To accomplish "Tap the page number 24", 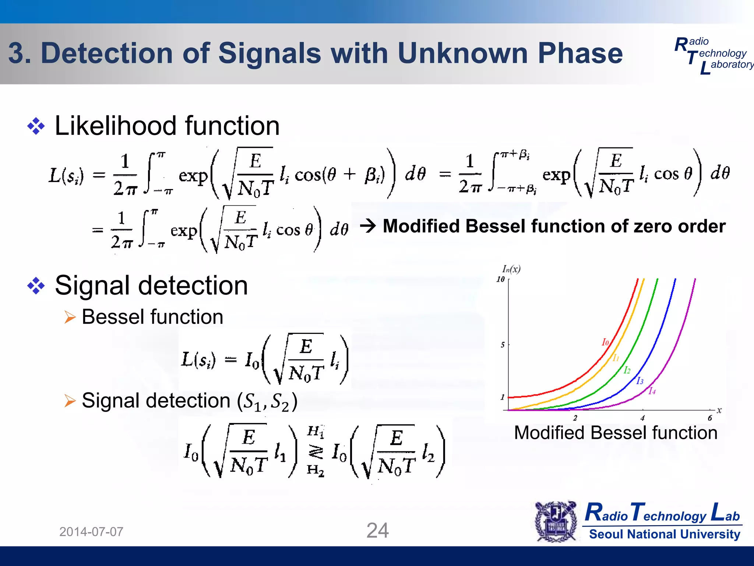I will pyautogui.click(x=377, y=531).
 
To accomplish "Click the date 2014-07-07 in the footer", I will pyautogui.click(x=91, y=532).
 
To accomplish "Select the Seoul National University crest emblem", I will pyautogui.click(x=556, y=521).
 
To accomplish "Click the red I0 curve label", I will pyautogui.click(x=605, y=342).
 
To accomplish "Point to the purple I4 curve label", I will pyautogui.click(x=652, y=391).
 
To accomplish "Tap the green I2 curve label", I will pyautogui.click(x=627, y=370).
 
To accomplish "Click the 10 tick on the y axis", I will pyautogui.click(x=500, y=279).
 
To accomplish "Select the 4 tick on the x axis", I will pyautogui.click(x=642, y=418).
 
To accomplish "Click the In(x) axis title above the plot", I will pyautogui.click(x=511, y=269).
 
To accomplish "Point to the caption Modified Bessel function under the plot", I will pyautogui.click(x=616, y=433).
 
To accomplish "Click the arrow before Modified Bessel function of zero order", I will pyautogui.click(x=368, y=226).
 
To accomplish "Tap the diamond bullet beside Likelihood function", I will pyautogui.click(x=36, y=126).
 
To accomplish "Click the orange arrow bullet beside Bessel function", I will pyautogui.click(x=70, y=317).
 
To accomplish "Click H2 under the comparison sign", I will pyautogui.click(x=316, y=470).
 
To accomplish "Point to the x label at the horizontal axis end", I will pyautogui.click(x=719, y=410).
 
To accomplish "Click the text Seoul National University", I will pyautogui.click(x=665, y=534).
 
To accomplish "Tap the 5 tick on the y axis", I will pyautogui.click(x=503, y=345).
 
